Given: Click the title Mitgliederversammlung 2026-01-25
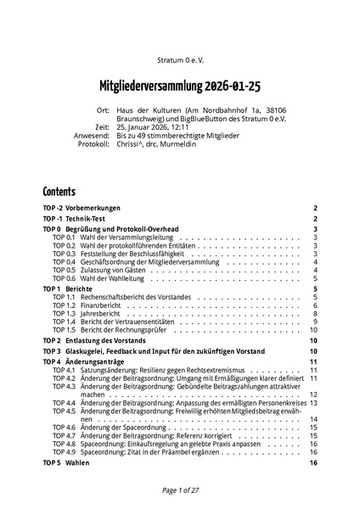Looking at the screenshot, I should (x=179, y=87).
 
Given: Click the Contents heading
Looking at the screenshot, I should (x=59, y=192).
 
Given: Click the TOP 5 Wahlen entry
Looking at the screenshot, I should (x=65, y=463).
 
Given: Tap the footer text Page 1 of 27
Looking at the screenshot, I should (x=179, y=490).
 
